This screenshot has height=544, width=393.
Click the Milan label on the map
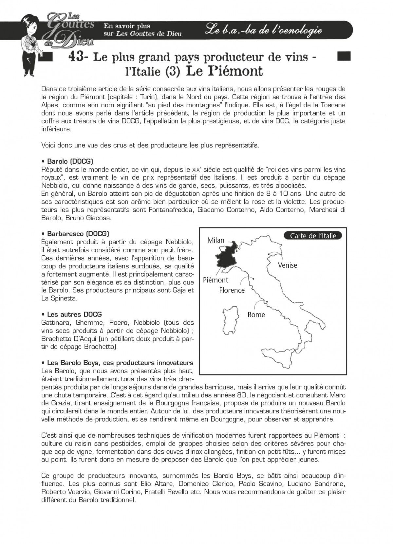click(216, 240)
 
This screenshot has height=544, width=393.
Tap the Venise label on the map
click(287, 265)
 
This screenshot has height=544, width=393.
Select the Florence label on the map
click(232, 290)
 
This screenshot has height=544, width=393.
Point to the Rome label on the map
click(256, 315)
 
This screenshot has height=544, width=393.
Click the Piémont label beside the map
click(215, 280)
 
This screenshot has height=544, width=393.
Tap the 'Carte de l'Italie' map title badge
click(313, 236)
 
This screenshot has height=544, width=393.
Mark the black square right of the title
click(344, 56)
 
